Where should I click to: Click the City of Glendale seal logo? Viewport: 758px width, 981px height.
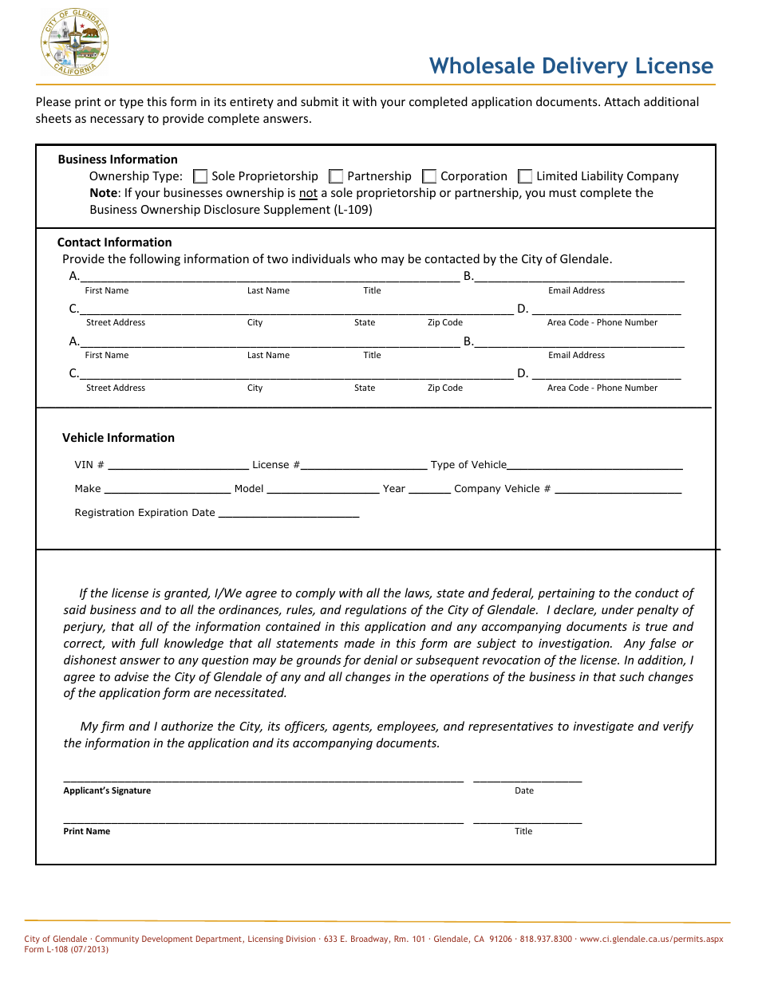74,44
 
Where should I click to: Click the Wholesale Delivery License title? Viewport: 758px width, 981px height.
570,65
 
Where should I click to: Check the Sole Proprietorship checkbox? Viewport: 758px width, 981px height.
200,176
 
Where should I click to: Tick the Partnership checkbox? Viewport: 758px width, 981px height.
336,176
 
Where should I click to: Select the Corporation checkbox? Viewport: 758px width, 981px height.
429,176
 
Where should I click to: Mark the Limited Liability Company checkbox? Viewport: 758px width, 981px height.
525,176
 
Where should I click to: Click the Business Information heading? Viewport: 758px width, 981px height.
117,160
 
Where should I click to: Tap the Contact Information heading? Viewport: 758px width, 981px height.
114,242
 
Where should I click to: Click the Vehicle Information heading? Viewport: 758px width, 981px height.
118,438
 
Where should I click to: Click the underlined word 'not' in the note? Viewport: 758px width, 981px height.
308,193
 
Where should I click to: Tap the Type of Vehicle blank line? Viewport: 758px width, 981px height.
594,465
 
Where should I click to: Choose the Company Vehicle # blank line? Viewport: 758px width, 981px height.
618,489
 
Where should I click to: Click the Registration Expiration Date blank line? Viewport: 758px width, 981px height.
288,513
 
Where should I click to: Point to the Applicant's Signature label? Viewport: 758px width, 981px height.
107,791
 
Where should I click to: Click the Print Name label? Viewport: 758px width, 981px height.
87,832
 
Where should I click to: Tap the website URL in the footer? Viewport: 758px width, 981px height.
651,940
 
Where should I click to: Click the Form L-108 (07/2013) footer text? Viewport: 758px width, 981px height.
66,950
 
